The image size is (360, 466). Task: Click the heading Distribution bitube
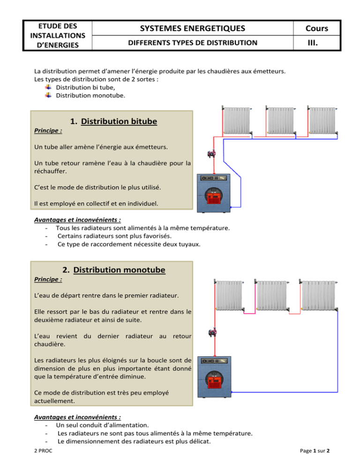(119, 121)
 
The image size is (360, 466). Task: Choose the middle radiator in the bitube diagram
(279, 121)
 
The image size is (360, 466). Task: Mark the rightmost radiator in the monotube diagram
(319, 295)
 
